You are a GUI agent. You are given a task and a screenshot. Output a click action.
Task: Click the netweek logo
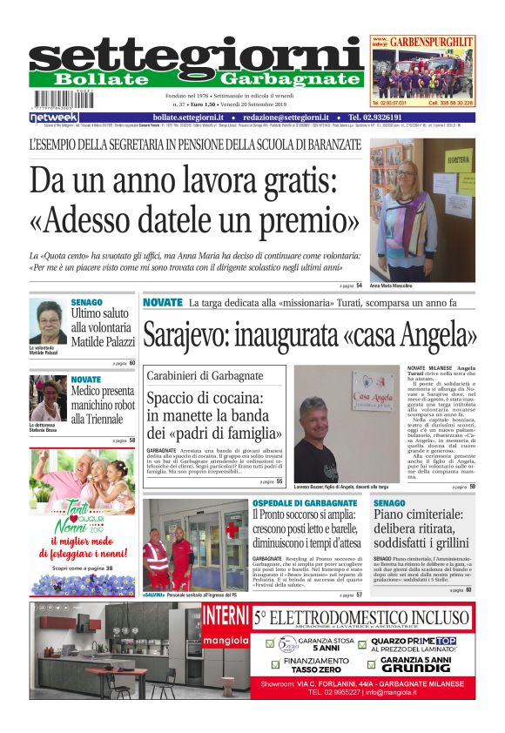[x=54, y=118]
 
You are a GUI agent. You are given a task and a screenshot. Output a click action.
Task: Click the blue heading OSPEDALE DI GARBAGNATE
[x=304, y=504]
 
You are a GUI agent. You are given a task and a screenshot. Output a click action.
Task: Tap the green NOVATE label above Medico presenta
[x=85, y=380]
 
